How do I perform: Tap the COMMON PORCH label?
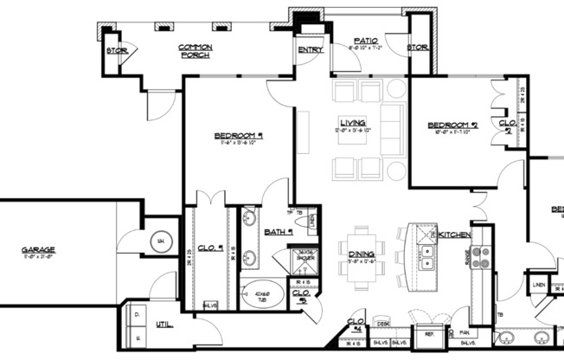point(195,50)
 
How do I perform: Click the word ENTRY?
point(311,49)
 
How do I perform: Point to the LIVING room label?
point(352,122)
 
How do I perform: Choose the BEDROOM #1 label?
point(239,136)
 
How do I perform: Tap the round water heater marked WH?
point(160,241)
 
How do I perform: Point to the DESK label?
point(381,324)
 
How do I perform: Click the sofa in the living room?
point(392,130)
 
